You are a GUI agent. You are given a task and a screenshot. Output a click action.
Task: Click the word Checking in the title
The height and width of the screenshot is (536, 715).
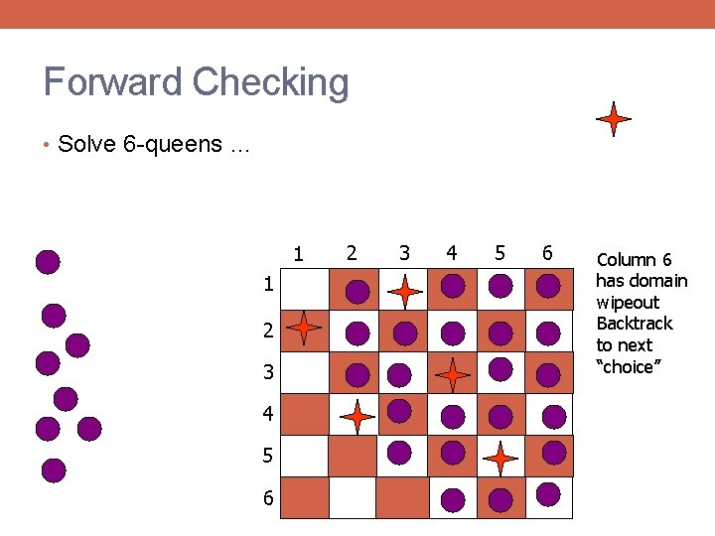pyautogui.click(x=271, y=83)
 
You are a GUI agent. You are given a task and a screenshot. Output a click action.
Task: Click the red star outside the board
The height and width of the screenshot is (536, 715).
pyautogui.click(x=614, y=119)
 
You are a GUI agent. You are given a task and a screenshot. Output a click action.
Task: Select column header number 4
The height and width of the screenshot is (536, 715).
pyautogui.click(x=452, y=252)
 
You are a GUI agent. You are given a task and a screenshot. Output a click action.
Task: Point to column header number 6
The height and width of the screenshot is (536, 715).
pyautogui.click(x=547, y=252)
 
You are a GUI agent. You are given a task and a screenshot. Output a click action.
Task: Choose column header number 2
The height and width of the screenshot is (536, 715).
pyautogui.click(x=351, y=252)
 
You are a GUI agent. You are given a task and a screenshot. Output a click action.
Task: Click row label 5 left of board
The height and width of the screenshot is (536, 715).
pyautogui.click(x=267, y=456)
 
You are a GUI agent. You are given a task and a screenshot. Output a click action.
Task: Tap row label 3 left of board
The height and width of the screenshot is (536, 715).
pyautogui.click(x=267, y=373)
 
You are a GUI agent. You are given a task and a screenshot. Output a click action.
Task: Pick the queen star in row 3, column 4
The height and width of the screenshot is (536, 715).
pyautogui.click(x=453, y=375)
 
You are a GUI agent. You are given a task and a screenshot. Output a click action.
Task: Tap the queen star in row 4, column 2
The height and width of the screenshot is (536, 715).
pyautogui.click(x=357, y=416)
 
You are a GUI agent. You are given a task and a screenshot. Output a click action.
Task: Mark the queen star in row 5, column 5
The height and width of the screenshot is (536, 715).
pyautogui.click(x=500, y=458)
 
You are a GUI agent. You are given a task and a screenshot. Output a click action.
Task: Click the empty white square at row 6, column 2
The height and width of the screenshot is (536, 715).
pyautogui.click(x=353, y=497)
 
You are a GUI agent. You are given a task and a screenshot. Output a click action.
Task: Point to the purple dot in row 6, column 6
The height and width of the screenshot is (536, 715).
pyautogui.click(x=547, y=492)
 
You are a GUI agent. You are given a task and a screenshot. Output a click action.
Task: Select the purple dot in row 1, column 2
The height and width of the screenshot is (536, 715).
pyautogui.click(x=357, y=290)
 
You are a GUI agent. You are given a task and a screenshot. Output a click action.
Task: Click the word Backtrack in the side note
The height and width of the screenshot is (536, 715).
pyautogui.click(x=634, y=324)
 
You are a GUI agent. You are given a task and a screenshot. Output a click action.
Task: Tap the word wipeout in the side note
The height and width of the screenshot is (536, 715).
pyautogui.click(x=628, y=302)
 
